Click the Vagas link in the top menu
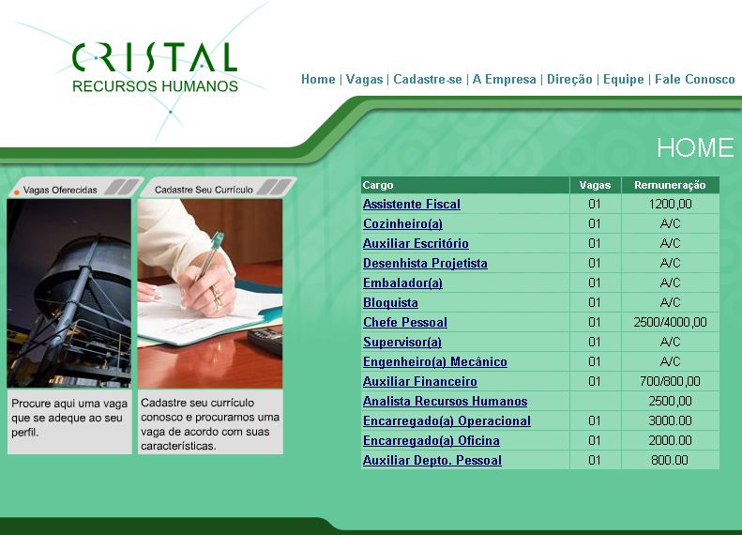click(x=364, y=80)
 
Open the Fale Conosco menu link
click(x=695, y=79)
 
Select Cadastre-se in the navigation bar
click(x=428, y=79)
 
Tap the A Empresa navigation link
click(x=504, y=79)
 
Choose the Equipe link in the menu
click(x=623, y=80)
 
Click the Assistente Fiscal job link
click(x=412, y=204)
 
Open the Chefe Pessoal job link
click(x=405, y=323)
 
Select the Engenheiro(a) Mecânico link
click(x=435, y=361)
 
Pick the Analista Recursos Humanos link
click(x=445, y=401)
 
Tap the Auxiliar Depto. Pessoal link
click(x=432, y=460)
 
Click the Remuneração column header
click(x=670, y=185)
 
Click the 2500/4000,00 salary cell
click(x=670, y=323)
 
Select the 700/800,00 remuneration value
click(x=670, y=382)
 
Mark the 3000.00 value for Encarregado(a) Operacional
click(x=670, y=420)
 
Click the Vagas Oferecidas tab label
click(x=60, y=190)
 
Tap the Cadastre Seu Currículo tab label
click(x=204, y=190)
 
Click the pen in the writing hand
click(x=209, y=256)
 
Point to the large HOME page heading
click(x=695, y=147)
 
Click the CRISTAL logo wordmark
click(x=154, y=57)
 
